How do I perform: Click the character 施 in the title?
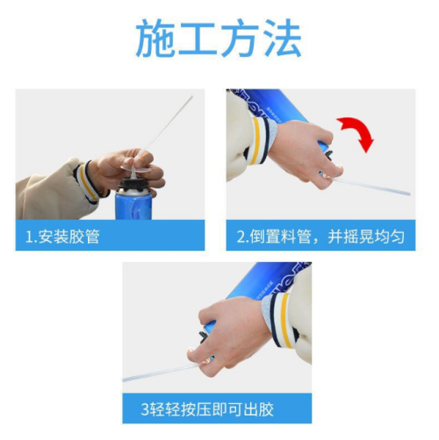point(156,38)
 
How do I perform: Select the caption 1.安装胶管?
point(63,237)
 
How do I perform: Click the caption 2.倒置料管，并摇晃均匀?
point(320,237)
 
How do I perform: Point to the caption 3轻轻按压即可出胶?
point(207,409)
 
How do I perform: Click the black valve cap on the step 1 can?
point(133,187)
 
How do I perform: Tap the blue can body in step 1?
point(133,206)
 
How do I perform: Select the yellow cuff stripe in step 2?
point(256,138)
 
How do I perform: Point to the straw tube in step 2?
point(371,186)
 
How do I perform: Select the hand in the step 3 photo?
point(231,335)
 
